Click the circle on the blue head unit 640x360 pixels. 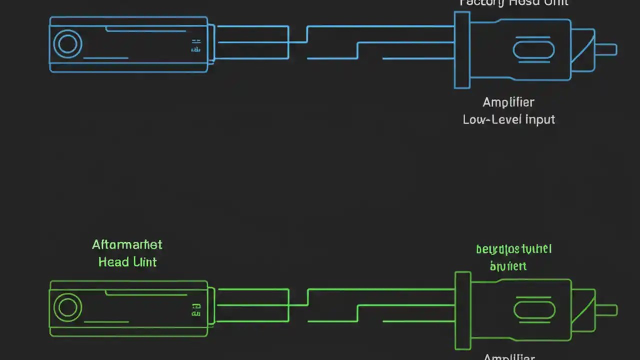coord(67,44)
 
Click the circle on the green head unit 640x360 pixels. coord(67,307)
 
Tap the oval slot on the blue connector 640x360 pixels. coord(533,50)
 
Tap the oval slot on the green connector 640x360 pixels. coord(534,310)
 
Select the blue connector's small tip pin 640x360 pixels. coord(606,49)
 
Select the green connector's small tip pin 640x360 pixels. coord(606,310)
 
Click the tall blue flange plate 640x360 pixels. coord(462,50)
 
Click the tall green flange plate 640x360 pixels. coord(463,310)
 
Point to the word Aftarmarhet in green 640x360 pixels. coord(127,244)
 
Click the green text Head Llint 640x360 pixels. coord(127,262)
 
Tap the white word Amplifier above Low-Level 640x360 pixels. coord(508,102)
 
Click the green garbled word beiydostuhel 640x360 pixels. coord(513,249)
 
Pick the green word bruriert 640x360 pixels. coord(508,265)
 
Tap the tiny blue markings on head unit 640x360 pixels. coord(196,46)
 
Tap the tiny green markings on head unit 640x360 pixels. coord(196,310)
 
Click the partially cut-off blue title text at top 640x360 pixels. coord(514,3)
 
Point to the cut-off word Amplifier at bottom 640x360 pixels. coord(509,357)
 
